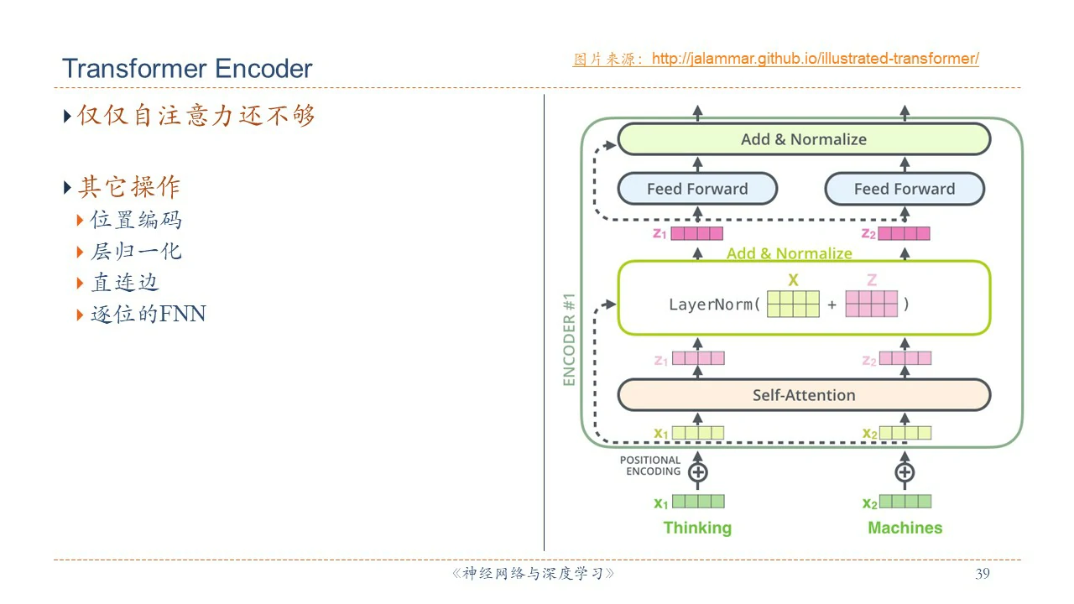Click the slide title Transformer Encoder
pos(187,69)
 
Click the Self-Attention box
pos(804,395)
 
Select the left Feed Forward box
pos(697,189)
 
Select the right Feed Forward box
pos(905,189)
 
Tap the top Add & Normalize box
pos(804,139)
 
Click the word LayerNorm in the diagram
pos(714,305)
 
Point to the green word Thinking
pos(697,528)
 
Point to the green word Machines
pos(905,528)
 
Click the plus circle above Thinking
pos(697,472)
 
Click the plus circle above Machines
pos(905,472)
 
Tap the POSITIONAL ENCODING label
pos(650,466)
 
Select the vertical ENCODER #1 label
pos(570,339)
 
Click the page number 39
pos(983,574)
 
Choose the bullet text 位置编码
pos(136,220)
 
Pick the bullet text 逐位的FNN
pos(148,315)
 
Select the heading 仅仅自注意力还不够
pos(196,116)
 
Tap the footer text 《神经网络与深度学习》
pos(534,574)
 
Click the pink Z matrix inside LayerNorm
pos(871,304)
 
